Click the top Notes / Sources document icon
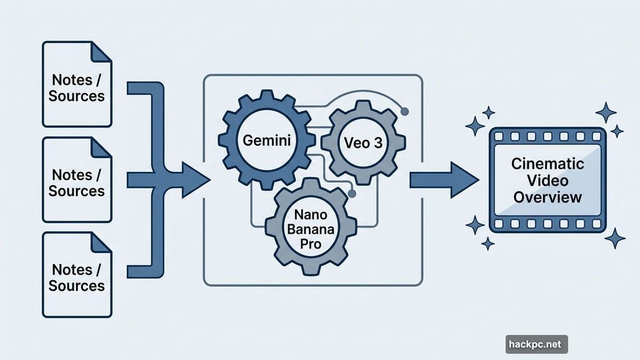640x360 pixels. tap(76, 84)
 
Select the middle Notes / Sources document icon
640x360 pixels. tap(76, 181)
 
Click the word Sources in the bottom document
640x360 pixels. tap(76, 286)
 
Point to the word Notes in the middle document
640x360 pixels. tap(72, 174)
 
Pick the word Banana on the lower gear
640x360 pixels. tap(311, 228)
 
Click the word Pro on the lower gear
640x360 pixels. tap(311, 243)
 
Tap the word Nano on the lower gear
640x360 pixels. tap(311, 213)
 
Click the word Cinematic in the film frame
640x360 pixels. tap(547, 164)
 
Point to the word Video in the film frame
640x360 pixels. tap(547, 181)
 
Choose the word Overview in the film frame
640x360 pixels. tap(547, 197)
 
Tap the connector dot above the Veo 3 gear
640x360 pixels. tap(404, 112)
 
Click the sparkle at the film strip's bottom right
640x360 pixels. tap(615, 237)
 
